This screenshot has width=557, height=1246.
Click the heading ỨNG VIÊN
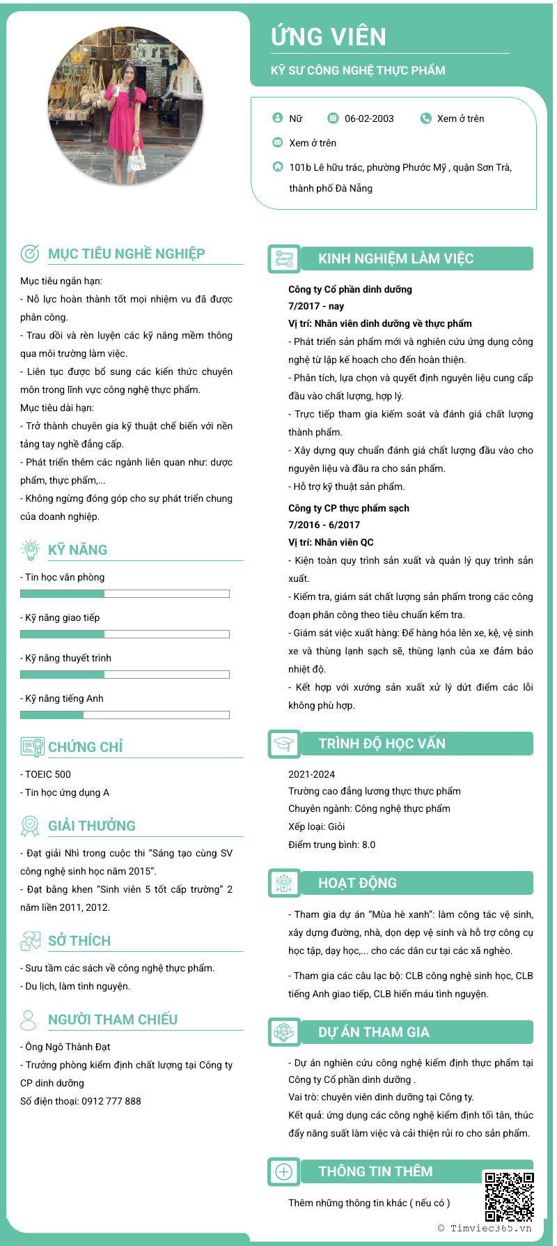[329, 37]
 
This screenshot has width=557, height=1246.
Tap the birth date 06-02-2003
[369, 118]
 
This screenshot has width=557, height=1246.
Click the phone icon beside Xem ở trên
[426, 118]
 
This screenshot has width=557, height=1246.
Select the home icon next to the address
[278, 167]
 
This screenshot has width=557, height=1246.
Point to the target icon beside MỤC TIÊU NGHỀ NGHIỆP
[30, 254]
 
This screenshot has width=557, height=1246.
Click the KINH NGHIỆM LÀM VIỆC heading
[395, 259]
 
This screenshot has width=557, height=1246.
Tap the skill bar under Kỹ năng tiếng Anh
[125, 715]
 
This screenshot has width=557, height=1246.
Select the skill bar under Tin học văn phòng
[125, 594]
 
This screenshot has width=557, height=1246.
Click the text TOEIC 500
[47, 774]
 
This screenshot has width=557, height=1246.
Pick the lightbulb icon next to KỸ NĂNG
[30, 549]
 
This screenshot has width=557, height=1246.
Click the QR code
[510, 1197]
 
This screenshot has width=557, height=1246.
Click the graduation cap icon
[284, 744]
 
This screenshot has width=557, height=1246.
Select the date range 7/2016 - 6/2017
[324, 525]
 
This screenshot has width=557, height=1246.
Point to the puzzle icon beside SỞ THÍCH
[30, 941]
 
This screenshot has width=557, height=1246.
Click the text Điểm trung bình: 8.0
[331, 845]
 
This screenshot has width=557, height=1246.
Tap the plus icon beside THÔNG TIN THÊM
[284, 1172]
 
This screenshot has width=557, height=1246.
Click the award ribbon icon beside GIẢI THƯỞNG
[30, 826]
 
